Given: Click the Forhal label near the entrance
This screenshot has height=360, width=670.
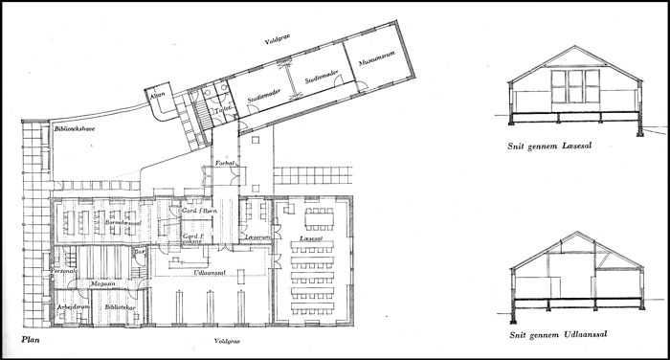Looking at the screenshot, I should tap(226, 164).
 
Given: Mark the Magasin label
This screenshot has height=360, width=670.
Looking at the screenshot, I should tap(103, 284).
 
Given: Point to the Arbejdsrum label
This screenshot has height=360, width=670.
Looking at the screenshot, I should tap(73, 306).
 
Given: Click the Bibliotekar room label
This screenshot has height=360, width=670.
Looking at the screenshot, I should tap(120, 306).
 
